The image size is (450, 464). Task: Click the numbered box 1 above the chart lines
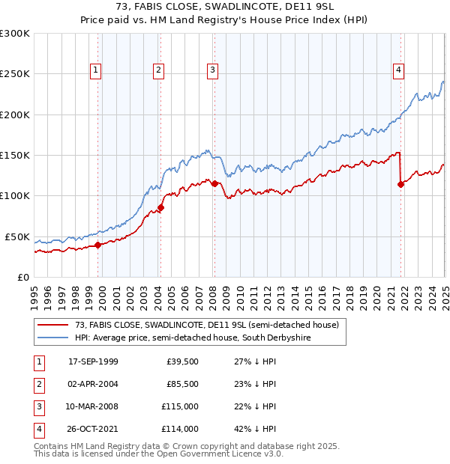(97, 70)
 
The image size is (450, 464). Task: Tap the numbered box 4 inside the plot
(399, 70)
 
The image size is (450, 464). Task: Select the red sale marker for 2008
(214, 183)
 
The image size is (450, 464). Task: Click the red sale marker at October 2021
(400, 184)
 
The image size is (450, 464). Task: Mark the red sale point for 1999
(97, 245)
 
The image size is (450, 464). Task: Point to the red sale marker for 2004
(160, 207)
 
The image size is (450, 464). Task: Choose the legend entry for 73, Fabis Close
(207, 325)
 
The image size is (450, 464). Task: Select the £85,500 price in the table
(183, 384)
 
